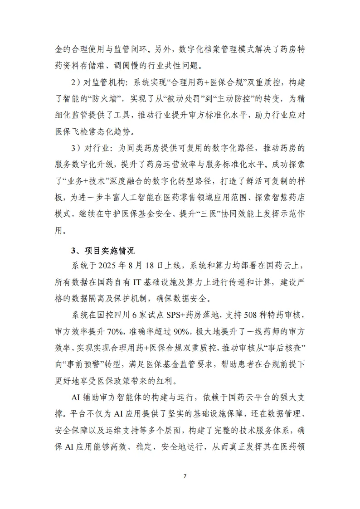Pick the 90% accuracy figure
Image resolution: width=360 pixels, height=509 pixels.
point(173,329)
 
